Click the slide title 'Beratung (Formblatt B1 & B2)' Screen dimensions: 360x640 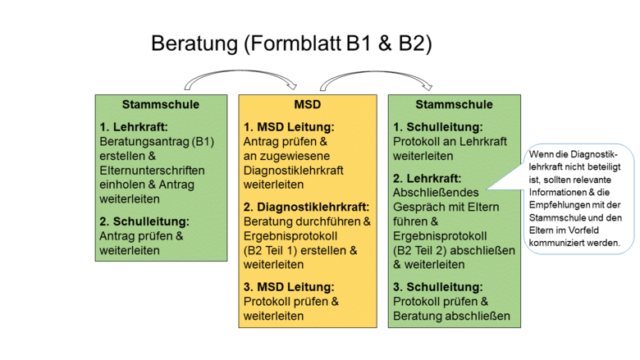click(291, 43)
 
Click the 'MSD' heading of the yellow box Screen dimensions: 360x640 click(307, 105)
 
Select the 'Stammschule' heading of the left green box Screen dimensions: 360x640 click(161, 105)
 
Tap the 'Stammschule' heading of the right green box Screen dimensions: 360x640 click(454, 105)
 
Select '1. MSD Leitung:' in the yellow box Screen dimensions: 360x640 click(289, 127)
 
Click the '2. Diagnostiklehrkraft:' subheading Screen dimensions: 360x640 click(307, 207)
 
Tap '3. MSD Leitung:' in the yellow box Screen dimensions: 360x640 click(289, 286)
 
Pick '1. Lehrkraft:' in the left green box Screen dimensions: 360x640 click(134, 127)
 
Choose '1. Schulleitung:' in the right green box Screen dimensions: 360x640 click(437, 127)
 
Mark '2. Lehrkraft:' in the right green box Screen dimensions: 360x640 click(427, 178)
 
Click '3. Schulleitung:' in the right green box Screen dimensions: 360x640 click(437, 286)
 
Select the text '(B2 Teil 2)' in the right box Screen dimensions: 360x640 click(423, 250)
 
